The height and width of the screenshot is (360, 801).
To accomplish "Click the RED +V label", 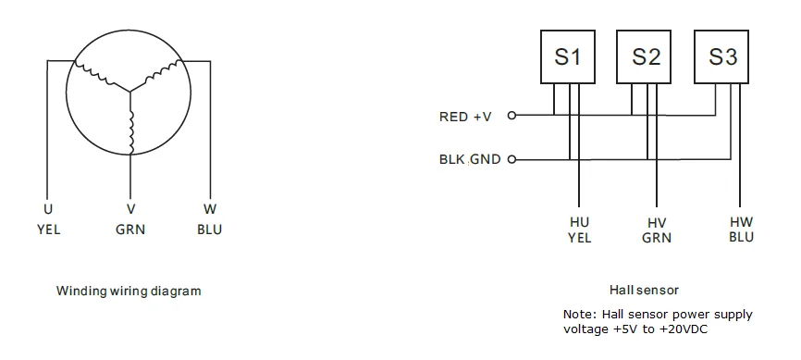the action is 465,117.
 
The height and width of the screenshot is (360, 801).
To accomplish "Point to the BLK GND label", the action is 470,159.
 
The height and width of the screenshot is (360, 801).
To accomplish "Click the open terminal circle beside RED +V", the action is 511,116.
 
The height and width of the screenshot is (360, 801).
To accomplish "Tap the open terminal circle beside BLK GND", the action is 511,159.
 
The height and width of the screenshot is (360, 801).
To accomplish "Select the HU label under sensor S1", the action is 579,222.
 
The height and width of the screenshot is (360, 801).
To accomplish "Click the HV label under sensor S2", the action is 656,223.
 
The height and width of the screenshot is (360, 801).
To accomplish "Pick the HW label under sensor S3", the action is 742,222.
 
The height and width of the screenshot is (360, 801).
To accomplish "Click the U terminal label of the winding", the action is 48,209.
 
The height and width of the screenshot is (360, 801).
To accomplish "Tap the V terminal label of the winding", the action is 130,209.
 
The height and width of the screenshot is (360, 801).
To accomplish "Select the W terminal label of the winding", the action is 209,209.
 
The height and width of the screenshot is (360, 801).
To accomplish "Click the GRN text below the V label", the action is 130,230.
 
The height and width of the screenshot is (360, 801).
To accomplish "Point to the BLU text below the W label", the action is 209,230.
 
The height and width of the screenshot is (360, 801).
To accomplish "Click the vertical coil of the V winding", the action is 131,132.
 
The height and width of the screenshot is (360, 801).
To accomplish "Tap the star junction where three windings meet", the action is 130,93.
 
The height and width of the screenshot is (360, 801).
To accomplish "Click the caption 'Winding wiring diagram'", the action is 129,291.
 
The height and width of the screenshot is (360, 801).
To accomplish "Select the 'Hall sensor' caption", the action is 644,290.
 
